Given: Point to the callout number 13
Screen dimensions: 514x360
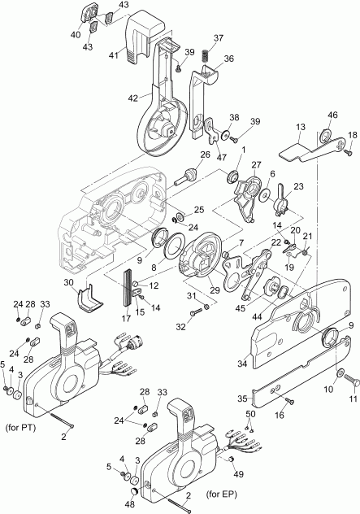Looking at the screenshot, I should pyautogui.click(x=300, y=128).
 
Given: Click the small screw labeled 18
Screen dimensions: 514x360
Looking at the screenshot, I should pyautogui.click(x=348, y=150).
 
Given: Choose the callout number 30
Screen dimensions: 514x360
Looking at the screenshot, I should pyautogui.click(x=71, y=282).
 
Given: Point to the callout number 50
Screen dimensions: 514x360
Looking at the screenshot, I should pyautogui.click(x=250, y=416).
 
